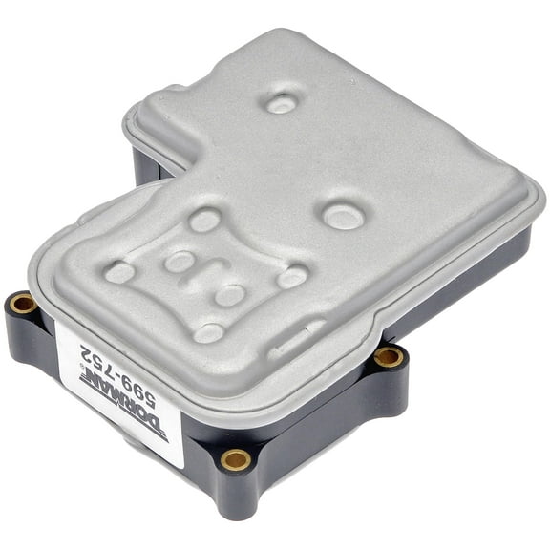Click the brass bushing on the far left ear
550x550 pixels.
[22, 305]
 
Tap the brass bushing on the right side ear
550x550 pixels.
[387, 357]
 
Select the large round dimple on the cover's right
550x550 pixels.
[342, 216]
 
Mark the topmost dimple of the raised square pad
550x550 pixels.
[203, 221]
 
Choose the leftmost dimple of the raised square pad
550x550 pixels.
[119, 272]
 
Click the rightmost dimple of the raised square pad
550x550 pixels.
[291, 277]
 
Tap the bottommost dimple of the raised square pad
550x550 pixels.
[208, 332]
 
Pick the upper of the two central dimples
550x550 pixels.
[180, 261]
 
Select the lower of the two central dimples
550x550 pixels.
[230, 295]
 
